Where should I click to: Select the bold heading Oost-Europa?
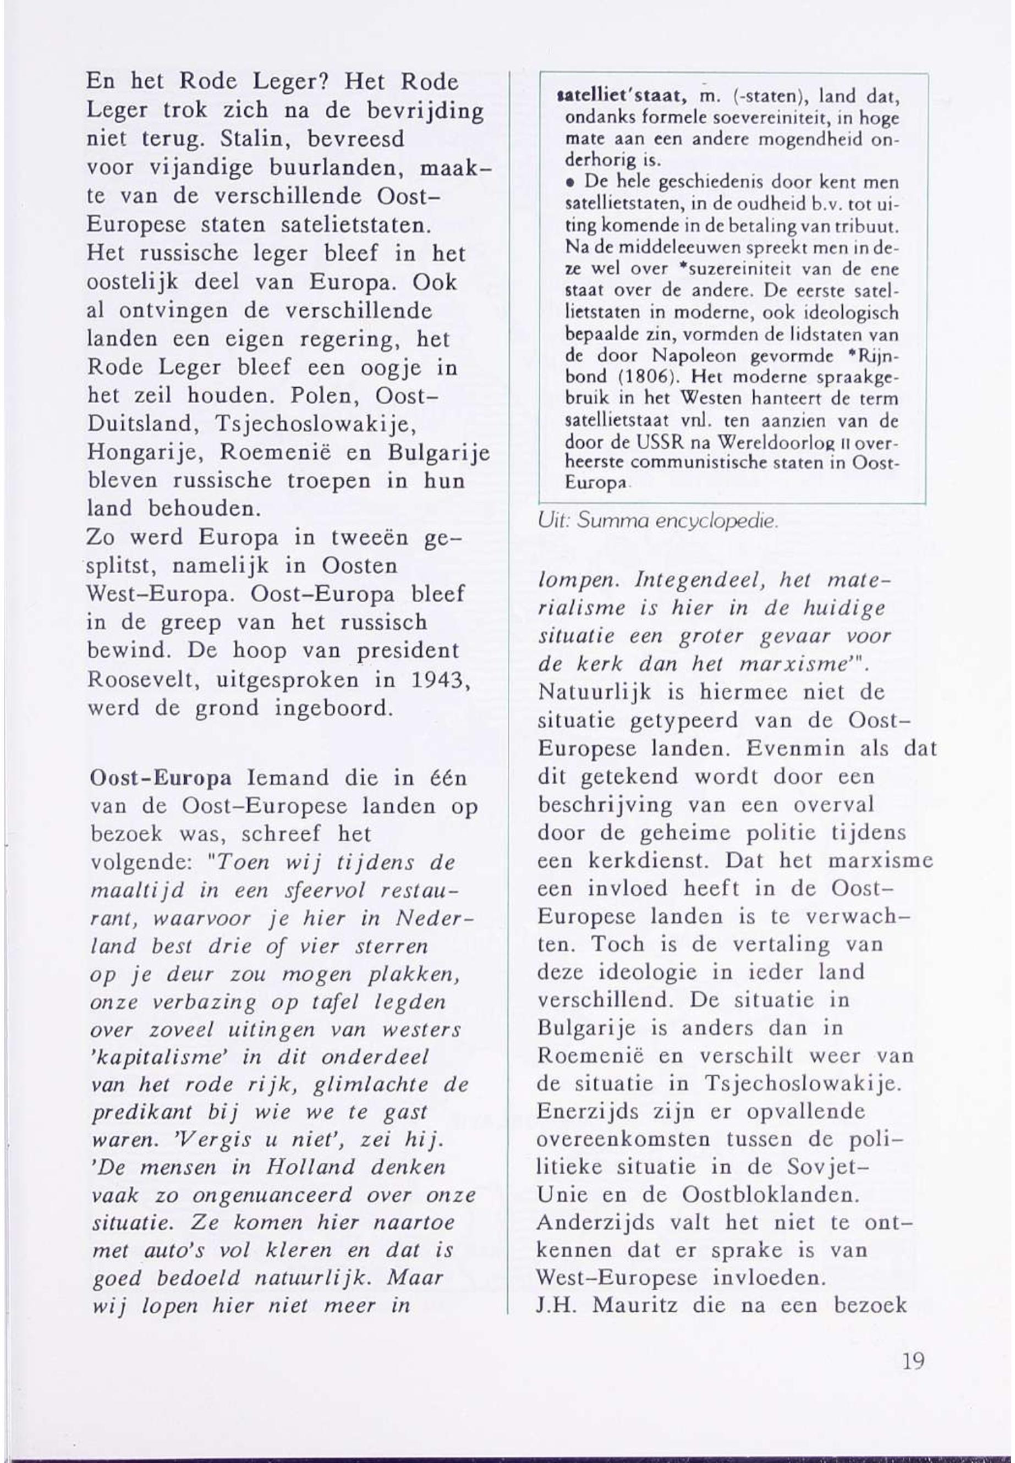tap(161, 778)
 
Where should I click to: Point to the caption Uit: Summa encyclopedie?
tap(658, 522)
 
